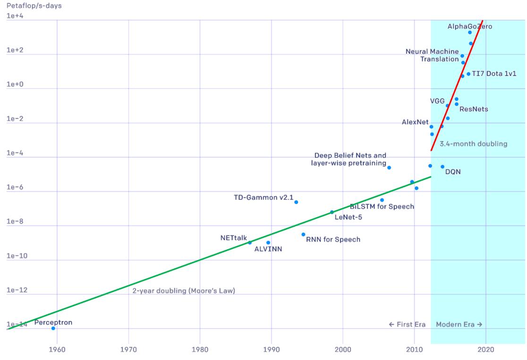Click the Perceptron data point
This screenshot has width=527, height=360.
[53, 328]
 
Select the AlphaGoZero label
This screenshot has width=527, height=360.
[469, 26]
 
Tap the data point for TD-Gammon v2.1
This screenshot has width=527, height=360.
[296, 202]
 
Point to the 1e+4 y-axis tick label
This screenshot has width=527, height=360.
[17, 17]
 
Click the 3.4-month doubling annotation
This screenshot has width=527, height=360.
[473, 144]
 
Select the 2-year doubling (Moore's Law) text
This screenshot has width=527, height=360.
[184, 291]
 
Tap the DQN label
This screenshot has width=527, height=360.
[453, 172]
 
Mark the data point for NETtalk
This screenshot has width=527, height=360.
[250, 243]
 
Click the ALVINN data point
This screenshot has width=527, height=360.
[268, 243]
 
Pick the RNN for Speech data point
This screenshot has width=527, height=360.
[303, 234]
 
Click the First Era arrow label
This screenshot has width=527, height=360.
[407, 325]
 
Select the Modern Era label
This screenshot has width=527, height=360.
[459, 325]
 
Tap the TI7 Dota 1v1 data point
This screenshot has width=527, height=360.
[468, 74]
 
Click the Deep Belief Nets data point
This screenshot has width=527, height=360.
[389, 167]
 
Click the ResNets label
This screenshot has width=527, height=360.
[474, 109]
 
